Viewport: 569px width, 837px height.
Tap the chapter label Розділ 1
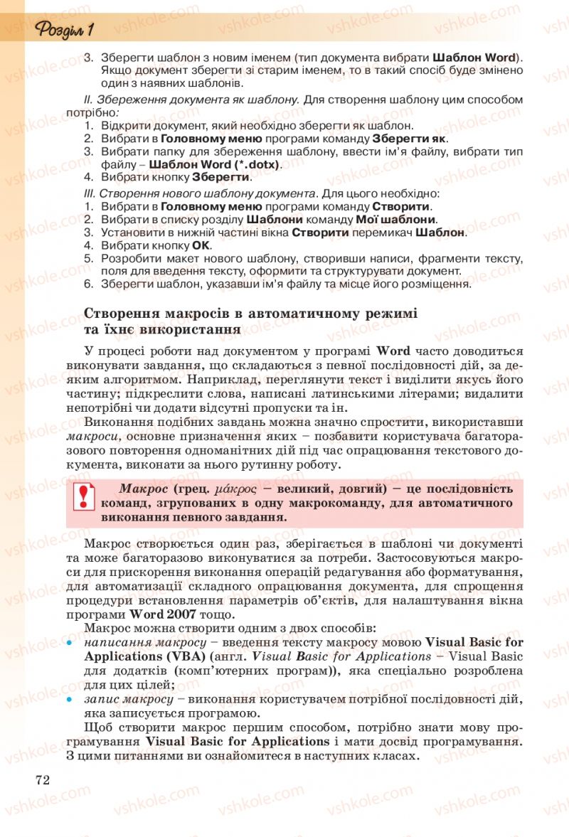pyautogui.click(x=65, y=30)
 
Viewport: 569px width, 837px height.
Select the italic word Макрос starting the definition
pyautogui.click(x=143, y=489)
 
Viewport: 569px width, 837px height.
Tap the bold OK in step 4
pyautogui.click(x=202, y=245)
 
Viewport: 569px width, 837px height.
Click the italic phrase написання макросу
pyautogui.click(x=129, y=641)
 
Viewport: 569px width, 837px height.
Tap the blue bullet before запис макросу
pyautogui.click(x=70, y=700)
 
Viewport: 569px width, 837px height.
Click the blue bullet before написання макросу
pyautogui.click(x=70, y=641)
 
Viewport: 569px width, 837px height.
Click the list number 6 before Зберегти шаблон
pyautogui.click(x=88, y=284)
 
